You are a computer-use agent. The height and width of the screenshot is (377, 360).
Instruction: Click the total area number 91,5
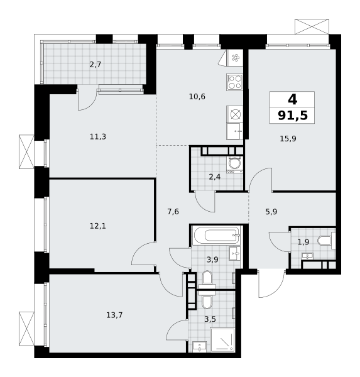(x=292, y=115)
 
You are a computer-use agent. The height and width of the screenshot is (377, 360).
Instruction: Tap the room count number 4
(x=292, y=99)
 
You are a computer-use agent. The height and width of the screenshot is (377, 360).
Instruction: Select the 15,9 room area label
(x=288, y=139)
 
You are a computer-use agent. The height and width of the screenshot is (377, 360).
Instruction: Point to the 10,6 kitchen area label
(x=197, y=97)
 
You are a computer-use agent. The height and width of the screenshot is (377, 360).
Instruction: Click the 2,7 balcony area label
(x=95, y=65)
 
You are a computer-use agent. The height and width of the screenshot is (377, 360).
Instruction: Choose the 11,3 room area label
(x=98, y=137)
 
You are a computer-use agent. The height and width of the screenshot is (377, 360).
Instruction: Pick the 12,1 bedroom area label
(x=98, y=226)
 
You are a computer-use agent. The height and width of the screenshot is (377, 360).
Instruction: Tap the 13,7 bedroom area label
(x=114, y=315)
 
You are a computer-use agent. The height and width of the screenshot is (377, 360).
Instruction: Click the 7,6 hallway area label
(x=173, y=212)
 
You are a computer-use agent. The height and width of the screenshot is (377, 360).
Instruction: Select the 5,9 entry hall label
(x=271, y=212)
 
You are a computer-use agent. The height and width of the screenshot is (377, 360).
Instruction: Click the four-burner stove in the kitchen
(x=234, y=82)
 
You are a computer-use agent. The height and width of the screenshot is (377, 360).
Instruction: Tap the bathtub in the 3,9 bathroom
(x=216, y=235)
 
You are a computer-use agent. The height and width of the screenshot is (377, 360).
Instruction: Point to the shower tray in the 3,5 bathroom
(x=222, y=340)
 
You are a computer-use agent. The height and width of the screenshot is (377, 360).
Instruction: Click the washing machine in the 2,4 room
(x=234, y=165)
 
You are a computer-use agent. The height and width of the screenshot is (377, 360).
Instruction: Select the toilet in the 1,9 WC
(x=327, y=241)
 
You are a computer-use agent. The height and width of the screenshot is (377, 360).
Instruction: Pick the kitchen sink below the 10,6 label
(x=234, y=131)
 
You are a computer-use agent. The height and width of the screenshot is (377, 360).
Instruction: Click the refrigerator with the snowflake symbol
(x=235, y=58)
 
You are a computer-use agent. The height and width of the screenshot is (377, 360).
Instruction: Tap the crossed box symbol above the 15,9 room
(x=312, y=26)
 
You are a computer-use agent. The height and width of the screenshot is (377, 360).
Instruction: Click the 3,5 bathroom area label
(x=210, y=319)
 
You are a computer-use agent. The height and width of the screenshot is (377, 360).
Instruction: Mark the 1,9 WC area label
(x=303, y=242)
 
